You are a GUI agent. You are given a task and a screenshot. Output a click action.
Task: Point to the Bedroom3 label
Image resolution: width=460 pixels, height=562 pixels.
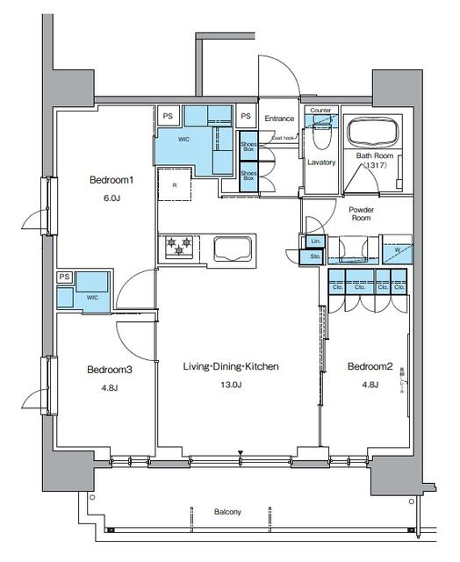click(110, 370)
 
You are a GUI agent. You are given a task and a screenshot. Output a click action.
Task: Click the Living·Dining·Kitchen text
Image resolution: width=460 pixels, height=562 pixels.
click(231, 365)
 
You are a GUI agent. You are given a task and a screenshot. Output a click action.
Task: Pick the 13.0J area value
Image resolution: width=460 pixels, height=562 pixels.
click(231, 385)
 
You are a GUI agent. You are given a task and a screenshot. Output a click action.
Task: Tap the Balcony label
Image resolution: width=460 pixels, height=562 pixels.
click(227, 512)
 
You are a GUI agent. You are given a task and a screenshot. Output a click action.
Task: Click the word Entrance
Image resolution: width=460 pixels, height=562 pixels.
click(279, 119)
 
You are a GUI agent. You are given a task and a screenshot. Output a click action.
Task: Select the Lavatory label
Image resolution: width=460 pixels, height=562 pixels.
click(322, 162)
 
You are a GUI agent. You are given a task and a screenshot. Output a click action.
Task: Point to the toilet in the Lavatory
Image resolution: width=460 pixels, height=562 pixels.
click(320, 137)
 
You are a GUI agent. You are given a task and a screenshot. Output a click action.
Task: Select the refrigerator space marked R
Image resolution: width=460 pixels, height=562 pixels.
click(175, 185)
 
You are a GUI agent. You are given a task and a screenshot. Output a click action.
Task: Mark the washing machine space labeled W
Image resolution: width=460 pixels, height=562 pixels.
click(396, 249)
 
